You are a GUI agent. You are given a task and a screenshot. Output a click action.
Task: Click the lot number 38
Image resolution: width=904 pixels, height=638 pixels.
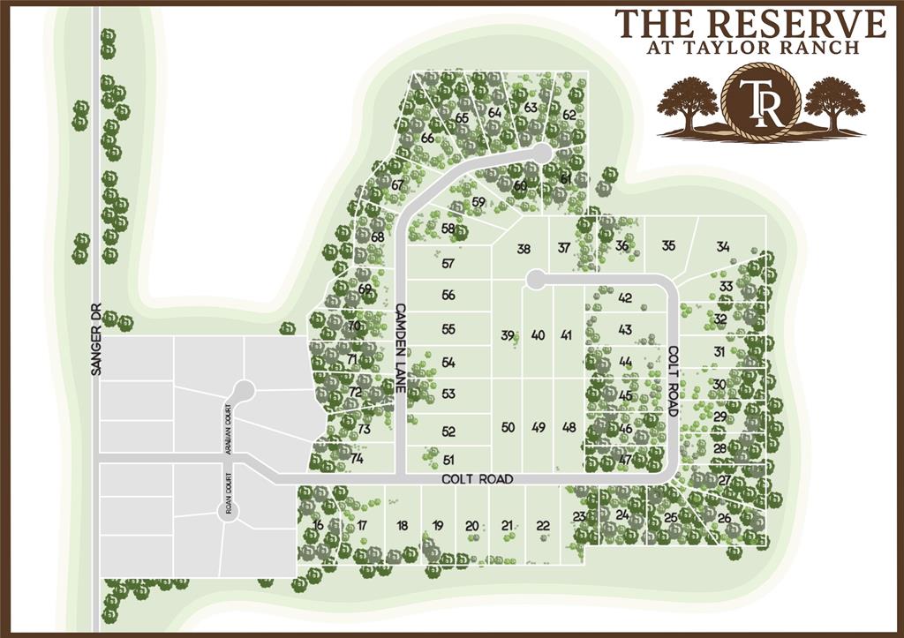[x=524, y=249]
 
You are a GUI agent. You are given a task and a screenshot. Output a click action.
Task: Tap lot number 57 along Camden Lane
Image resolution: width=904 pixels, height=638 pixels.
[x=448, y=263]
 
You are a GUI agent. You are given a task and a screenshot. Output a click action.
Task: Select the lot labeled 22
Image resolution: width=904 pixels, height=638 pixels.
[x=543, y=526]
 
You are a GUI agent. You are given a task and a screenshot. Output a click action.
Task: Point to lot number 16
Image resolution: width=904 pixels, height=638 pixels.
[x=318, y=525]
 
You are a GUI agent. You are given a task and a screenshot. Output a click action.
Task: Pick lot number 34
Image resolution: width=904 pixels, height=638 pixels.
[x=723, y=246]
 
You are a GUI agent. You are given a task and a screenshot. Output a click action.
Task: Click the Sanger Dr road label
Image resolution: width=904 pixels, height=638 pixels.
[x=96, y=340]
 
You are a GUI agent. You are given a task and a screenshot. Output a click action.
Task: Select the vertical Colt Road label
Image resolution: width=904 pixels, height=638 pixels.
[x=672, y=379]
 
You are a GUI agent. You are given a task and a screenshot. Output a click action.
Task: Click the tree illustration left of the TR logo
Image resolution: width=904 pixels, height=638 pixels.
[x=688, y=102]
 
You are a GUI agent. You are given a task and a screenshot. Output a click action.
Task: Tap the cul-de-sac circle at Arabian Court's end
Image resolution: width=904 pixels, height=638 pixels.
[x=245, y=387]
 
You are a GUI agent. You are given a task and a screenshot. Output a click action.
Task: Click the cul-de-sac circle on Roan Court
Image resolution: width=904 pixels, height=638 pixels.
[x=228, y=511]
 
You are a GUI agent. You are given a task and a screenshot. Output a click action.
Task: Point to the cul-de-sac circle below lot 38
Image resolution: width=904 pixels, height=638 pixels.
[x=533, y=280]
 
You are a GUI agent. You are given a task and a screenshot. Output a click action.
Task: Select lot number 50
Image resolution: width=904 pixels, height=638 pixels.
[x=508, y=427]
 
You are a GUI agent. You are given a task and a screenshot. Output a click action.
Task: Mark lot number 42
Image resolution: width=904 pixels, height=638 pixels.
[x=625, y=297]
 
